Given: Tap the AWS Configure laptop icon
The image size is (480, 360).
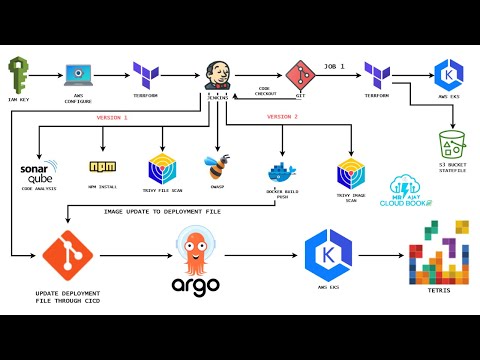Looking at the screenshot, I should (80, 75).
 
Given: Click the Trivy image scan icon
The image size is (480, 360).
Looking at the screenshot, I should (351, 172).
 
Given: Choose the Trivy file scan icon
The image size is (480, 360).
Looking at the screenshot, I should (162, 168).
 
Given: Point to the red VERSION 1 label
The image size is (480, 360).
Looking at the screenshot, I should (112, 118).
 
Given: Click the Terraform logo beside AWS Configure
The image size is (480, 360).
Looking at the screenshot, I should (147, 73).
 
